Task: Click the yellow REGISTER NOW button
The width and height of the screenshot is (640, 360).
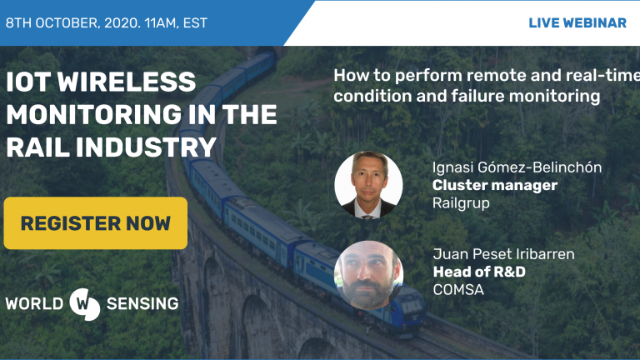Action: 96,223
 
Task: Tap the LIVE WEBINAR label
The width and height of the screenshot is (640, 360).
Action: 577,22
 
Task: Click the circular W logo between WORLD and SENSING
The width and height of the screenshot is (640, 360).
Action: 84,304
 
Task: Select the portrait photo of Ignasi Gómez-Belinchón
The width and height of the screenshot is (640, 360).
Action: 368,185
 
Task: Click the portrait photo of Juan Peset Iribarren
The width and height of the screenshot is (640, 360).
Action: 368,275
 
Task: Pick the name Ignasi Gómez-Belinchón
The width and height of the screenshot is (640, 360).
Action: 517,167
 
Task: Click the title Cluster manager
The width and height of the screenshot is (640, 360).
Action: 495,185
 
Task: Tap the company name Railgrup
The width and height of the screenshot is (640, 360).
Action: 461,203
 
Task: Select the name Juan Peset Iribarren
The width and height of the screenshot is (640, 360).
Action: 503,254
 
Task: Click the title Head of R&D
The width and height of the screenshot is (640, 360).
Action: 479,272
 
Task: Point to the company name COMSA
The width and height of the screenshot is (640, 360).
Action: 458,290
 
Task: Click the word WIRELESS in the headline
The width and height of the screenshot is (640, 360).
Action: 127,81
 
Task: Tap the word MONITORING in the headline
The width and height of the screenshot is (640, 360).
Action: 94,114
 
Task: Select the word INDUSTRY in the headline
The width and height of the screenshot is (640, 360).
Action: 146,147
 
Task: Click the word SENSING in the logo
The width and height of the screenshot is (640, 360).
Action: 142,303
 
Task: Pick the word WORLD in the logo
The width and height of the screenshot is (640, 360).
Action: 34,303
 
